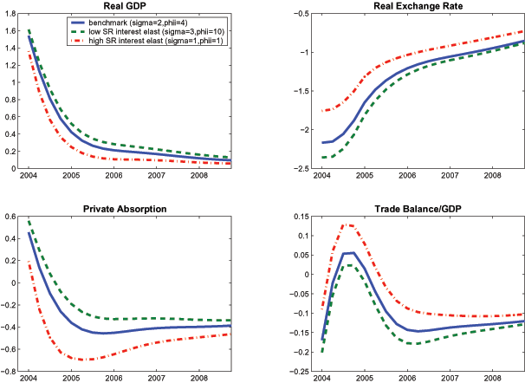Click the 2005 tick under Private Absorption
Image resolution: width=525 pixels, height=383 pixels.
80,378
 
